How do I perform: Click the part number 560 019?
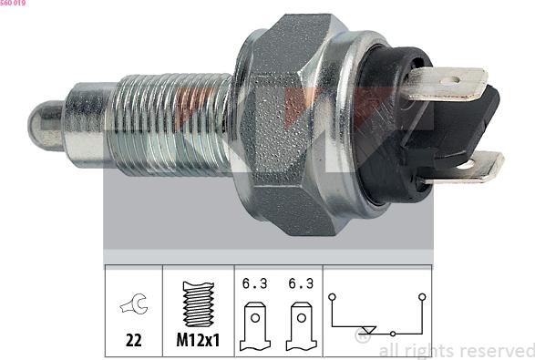pyautogui.click(x=13, y=4)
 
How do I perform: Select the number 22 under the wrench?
pyautogui.click(x=133, y=342)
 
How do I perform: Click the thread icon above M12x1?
pyautogui.click(x=198, y=303)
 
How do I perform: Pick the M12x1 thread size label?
pyautogui.click(x=198, y=342)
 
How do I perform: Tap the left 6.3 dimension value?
pyautogui.click(x=255, y=283)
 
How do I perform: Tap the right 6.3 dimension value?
pyautogui.click(x=299, y=283)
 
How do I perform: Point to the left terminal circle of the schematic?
pyautogui.click(x=334, y=296)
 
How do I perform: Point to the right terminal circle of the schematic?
pyautogui.click(x=422, y=296)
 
